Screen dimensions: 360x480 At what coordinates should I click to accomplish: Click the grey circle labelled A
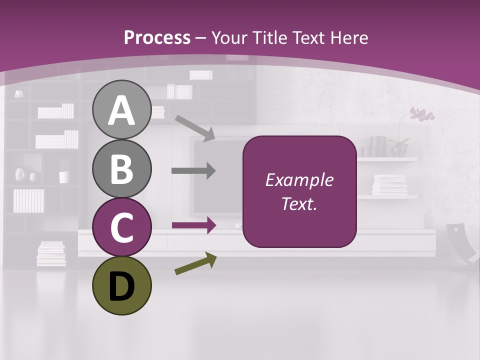(121, 110)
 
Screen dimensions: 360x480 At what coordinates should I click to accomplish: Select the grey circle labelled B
(121, 168)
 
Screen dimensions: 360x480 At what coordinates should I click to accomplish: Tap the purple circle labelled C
(121, 227)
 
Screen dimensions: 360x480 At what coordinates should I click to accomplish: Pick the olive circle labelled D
(121, 285)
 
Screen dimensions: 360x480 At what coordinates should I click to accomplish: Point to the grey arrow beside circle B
(193, 171)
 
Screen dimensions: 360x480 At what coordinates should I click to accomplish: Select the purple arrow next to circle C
(193, 225)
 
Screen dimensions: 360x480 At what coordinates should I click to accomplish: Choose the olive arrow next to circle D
(195, 263)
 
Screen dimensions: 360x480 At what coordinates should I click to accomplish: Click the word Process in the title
(157, 37)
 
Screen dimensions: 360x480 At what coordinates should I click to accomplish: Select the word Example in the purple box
(299, 180)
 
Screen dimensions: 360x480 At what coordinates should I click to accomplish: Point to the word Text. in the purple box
(299, 203)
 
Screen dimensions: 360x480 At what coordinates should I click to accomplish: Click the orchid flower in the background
(421, 115)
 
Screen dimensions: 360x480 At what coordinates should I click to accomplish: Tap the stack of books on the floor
(51, 253)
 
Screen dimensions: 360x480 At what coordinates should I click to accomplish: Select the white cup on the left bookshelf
(64, 177)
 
